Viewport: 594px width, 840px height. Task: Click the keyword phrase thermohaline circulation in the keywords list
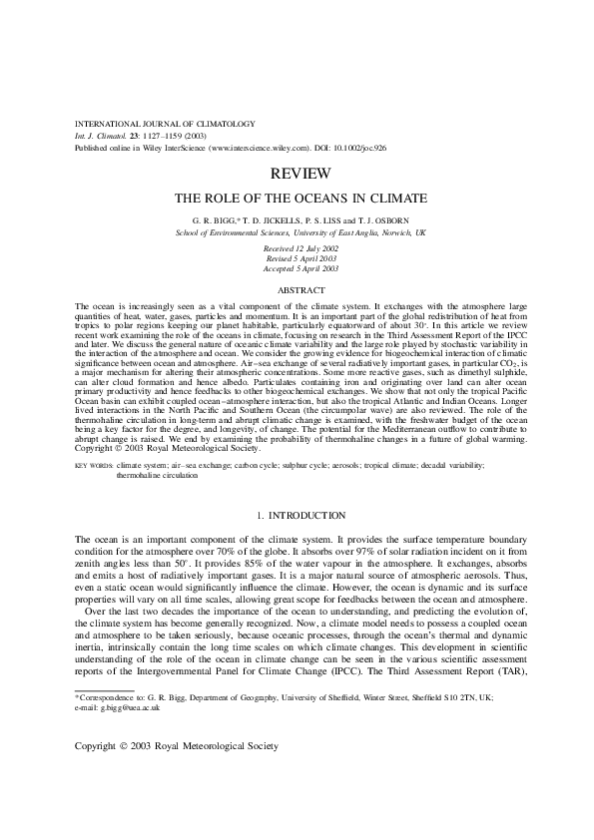157,476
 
